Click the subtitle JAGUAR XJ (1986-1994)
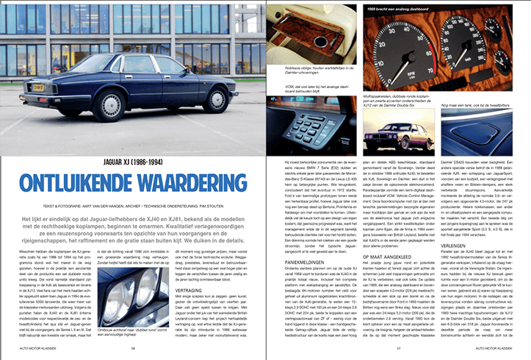(131, 162)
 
